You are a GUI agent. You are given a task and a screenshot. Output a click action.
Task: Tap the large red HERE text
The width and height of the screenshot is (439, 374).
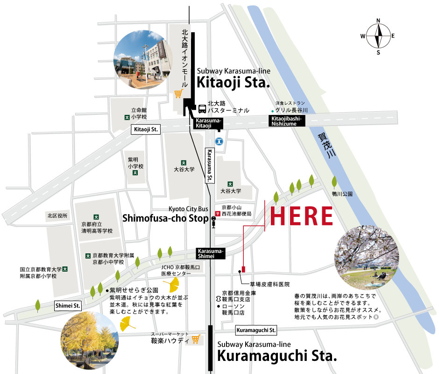click(x=302, y=216)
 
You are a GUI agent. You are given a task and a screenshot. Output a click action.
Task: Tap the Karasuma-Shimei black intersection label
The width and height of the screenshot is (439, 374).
click(x=211, y=253)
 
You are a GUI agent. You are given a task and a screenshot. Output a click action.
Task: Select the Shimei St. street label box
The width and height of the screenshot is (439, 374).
click(x=68, y=305)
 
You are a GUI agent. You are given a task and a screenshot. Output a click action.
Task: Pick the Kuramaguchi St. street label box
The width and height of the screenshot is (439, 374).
click(x=256, y=330)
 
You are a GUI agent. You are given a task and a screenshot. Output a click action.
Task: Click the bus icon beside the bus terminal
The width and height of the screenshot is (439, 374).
click(x=202, y=109)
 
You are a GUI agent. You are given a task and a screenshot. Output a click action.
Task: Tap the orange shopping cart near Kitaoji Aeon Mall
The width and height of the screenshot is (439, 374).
click(x=178, y=94)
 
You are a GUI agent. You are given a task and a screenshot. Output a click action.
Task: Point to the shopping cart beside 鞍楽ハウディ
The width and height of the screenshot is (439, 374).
click(x=196, y=339)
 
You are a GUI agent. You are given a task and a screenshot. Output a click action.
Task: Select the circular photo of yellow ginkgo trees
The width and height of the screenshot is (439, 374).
click(x=87, y=338)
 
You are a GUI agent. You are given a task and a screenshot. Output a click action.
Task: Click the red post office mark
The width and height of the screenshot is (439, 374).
click(x=217, y=213)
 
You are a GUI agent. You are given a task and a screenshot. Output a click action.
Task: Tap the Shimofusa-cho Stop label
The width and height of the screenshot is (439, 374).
click(x=165, y=218)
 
